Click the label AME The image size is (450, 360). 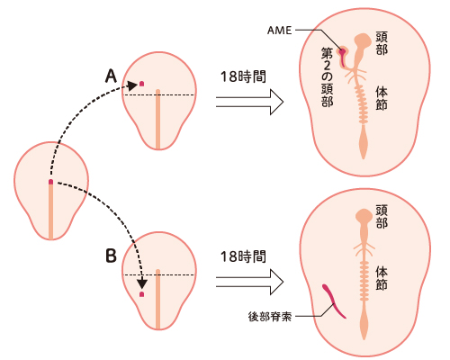point(279,31)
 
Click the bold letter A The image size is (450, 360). point(111,76)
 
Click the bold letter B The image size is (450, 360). point(111,256)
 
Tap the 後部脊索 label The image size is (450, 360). point(270,317)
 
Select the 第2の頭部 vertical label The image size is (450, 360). point(327,77)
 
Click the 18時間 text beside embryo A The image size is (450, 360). point(243,76)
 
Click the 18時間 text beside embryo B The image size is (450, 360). point(243,256)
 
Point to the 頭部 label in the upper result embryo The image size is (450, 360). point(382,43)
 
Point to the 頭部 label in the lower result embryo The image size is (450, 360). point(382,217)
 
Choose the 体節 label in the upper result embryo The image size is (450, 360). point(382,99)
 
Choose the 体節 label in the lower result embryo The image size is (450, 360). point(382,278)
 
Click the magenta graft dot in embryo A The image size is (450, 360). point(141,84)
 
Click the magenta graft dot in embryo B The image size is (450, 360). point(141,294)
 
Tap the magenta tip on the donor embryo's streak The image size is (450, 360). point(50,182)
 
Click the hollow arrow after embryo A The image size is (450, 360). point(249,102)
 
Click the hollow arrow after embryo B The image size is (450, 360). point(249,282)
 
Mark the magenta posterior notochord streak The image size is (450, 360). point(334,301)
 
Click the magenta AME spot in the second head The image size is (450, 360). point(342,52)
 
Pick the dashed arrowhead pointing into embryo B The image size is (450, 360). point(142,284)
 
